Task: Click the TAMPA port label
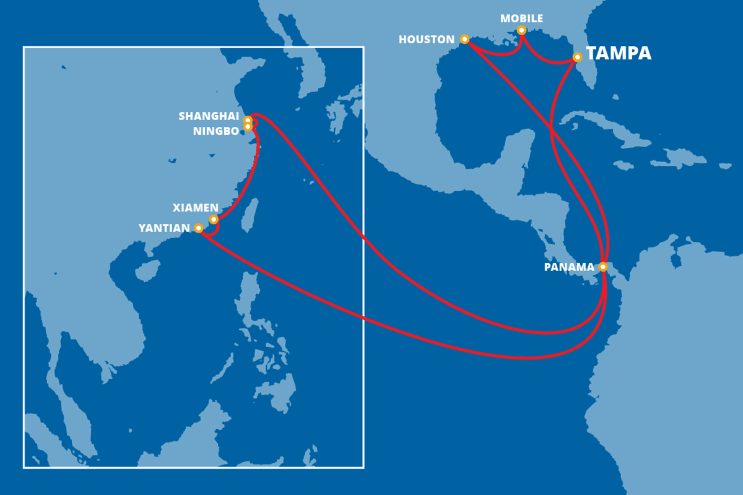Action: point(619,53)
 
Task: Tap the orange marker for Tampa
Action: point(577,57)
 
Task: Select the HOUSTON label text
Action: point(427,40)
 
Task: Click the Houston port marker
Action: point(464,40)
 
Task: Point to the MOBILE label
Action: point(521,19)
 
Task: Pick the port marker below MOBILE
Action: point(521,30)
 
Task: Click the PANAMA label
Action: point(568,267)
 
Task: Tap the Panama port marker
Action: point(603,267)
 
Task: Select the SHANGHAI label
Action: point(209,116)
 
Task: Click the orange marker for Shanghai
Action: point(248,120)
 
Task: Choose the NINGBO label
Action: point(215,131)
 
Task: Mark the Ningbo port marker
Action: point(248,127)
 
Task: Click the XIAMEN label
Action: point(195,208)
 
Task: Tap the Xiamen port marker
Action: point(214,220)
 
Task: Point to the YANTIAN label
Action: point(164,228)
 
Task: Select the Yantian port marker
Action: point(198,228)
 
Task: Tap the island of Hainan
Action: point(147,270)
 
